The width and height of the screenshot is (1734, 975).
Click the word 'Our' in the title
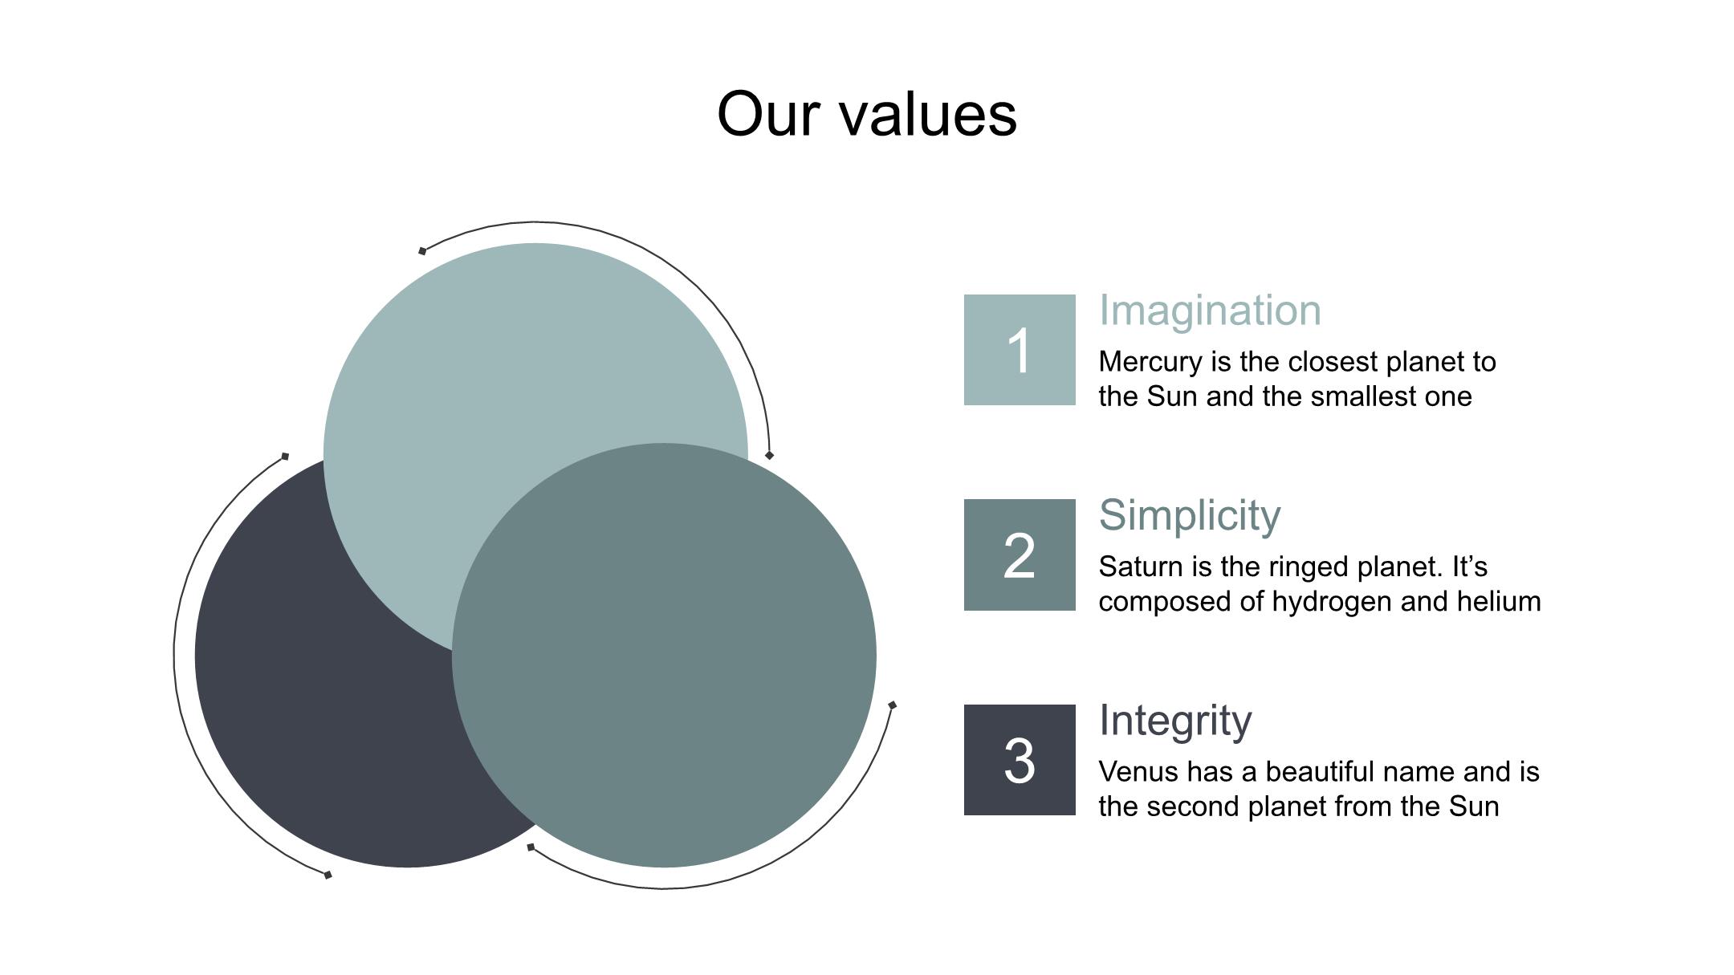coord(768,115)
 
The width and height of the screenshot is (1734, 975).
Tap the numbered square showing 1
coord(1019,350)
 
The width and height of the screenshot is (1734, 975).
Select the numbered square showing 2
coord(1019,555)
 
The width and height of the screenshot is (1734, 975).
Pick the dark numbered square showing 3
coord(1019,760)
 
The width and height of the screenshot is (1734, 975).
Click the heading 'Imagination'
coord(1209,311)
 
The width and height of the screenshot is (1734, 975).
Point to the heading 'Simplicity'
coord(1189,515)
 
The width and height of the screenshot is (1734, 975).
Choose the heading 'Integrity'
coord(1174,720)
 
